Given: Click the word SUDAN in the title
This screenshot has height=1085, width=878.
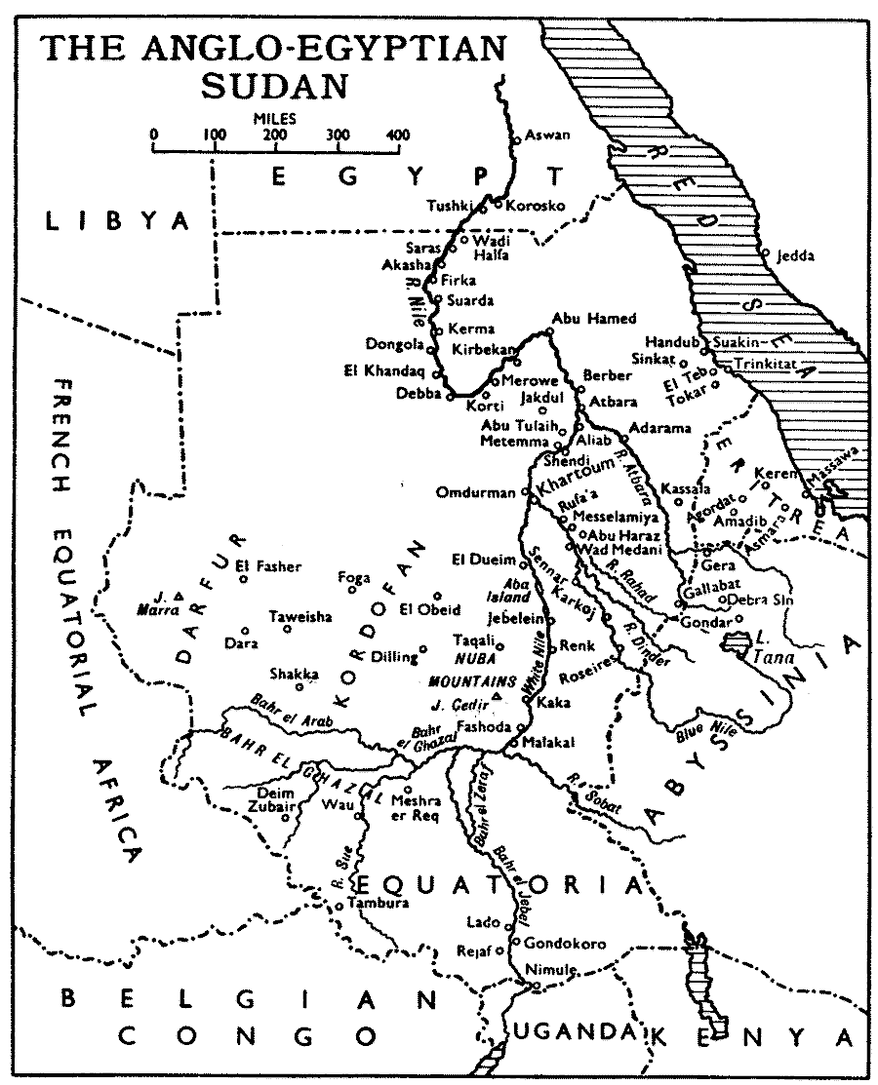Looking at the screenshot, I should tap(274, 84).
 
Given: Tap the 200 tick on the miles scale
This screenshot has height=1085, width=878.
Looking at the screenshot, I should tap(276, 148).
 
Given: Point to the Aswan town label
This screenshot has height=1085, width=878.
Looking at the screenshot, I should tap(547, 136).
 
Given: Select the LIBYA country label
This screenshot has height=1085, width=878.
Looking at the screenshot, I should tap(117, 221).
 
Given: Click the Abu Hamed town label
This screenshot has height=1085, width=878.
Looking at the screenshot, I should tap(593, 318).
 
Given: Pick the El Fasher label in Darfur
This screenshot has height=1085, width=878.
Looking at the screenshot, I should tap(276, 566).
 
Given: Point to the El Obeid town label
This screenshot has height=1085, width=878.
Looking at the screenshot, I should tap(429, 610).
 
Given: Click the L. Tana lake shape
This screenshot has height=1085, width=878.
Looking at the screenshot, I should tap(734, 641).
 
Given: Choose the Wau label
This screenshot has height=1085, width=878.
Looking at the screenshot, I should tap(332, 804).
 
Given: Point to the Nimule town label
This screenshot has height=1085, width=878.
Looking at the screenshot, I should tap(552, 970).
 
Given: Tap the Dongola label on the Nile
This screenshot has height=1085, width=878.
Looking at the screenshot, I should tap(394, 344).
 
